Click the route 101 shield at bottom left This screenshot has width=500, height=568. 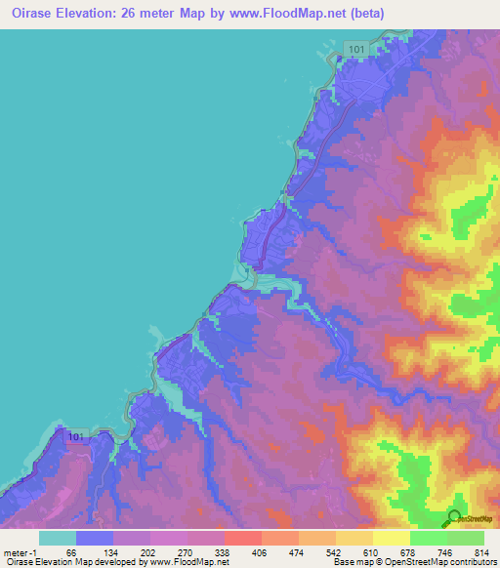coord(78,440)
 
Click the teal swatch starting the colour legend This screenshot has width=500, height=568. coord(57,538)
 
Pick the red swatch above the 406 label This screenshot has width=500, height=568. coord(242,538)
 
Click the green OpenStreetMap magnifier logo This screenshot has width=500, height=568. coord(454,517)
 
